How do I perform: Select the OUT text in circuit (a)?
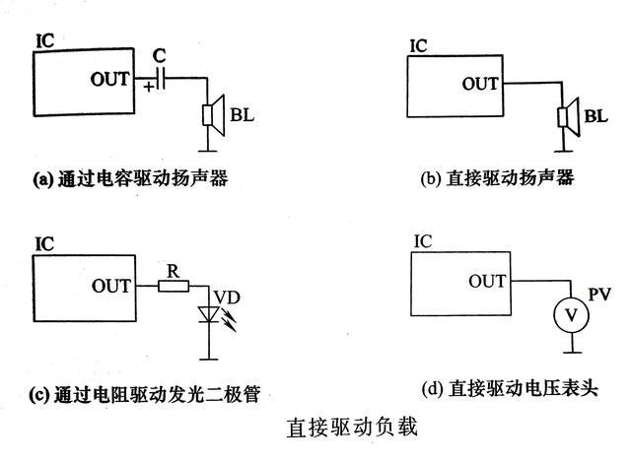pos(109,78)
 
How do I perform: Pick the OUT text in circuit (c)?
pos(110,287)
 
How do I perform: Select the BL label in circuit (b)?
pos(596,117)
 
